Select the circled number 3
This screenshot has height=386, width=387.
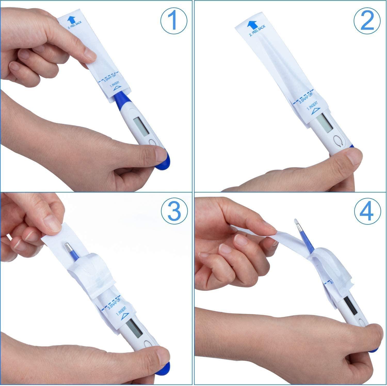pos(173,211)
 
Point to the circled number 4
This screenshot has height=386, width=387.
pos(367,211)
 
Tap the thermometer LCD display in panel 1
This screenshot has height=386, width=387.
pos(141,127)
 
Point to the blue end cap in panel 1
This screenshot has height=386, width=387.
pos(165,162)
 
